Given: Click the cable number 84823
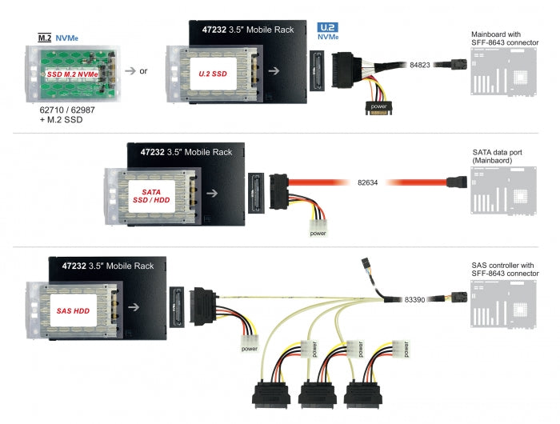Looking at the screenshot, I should coord(420,64).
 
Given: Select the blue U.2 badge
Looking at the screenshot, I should coord(328,26).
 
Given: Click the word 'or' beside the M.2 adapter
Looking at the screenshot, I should coord(143,71).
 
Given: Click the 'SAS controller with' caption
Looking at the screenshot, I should coord(503,265).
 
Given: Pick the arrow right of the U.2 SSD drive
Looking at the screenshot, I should coord(274,70).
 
